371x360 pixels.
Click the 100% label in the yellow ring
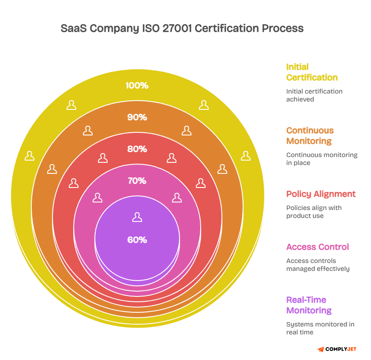pyautogui.click(x=137, y=86)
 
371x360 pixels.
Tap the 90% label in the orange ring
pyautogui.click(x=137, y=117)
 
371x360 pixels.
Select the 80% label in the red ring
pyautogui.click(x=137, y=149)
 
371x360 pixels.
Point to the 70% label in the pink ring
pyautogui.click(x=137, y=181)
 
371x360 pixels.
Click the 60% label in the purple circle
pyautogui.click(x=137, y=240)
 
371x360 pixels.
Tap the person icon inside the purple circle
pyautogui.click(x=137, y=217)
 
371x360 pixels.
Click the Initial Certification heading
pyautogui.click(x=312, y=72)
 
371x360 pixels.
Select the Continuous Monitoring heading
pyautogui.click(x=310, y=136)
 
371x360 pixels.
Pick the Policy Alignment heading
pyautogui.click(x=321, y=194)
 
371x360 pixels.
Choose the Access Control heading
pyautogui.click(x=317, y=247)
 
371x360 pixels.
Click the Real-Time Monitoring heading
pyautogui.click(x=309, y=305)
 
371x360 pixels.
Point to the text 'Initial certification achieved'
pyautogui.click(x=314, y=95)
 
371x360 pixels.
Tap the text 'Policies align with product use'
pyautogui.click(x=314, y=212)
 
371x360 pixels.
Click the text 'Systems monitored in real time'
pyautogui.click(x=320, y=328)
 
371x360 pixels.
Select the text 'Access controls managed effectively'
pyautogui.click(x=318, y=265)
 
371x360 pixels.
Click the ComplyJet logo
pyautogui.click(x=337, y=349)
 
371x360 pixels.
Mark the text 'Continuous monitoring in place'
pyautogui.click(x=322, y=159)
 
